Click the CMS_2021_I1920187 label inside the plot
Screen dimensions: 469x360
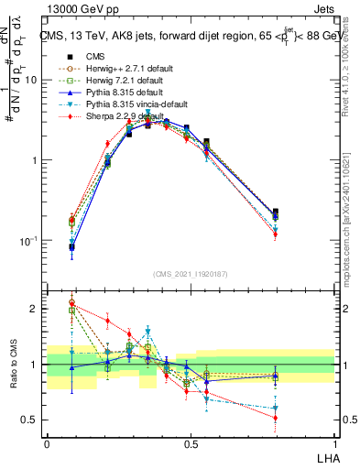(x=191, y=272)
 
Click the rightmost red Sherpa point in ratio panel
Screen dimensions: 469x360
(x=275, y=418)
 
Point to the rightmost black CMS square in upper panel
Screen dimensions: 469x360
(x=275, y=212)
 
